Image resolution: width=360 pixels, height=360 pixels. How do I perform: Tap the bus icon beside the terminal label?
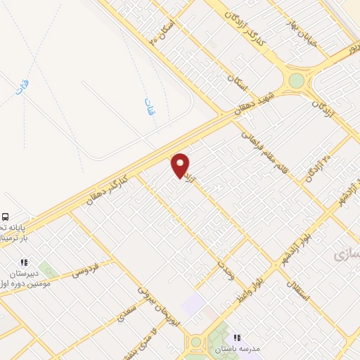point(6,217)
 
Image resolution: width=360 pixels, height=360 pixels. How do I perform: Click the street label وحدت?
point(226,269)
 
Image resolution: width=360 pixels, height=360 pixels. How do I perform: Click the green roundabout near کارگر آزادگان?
point(297,81)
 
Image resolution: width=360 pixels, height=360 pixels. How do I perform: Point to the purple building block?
point(192,304)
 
